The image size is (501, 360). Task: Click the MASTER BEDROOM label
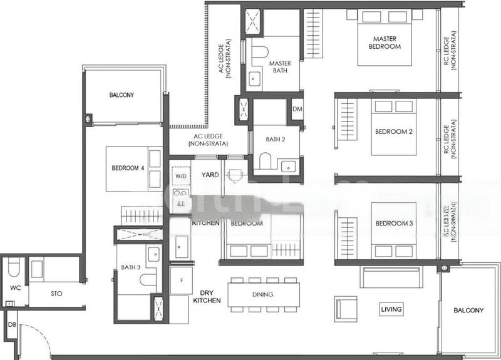coord(385,43)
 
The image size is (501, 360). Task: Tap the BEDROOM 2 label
coord(393,131)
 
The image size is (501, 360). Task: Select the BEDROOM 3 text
coord(394,224)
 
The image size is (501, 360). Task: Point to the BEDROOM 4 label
coord(128,168)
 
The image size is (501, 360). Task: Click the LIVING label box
coord(391,309)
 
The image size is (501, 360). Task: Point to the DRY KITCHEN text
coord(207,297)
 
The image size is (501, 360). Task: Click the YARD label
coord(210,175)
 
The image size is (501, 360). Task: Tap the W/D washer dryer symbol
coord(180,176)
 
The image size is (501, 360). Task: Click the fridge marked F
coord(181,280)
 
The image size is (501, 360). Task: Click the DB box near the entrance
coord(11,325)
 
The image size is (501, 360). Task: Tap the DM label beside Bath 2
coord(297,110)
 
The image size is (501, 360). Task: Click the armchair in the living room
coord(346,308)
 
